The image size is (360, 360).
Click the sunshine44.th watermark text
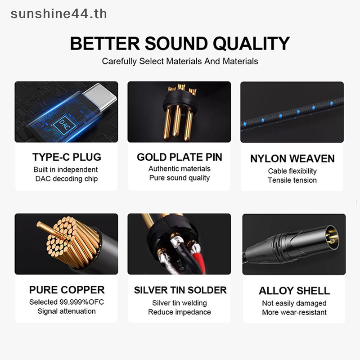pos(59,14)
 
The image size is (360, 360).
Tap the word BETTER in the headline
pos(105,43)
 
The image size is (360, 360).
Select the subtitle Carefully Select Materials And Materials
pos(180,61)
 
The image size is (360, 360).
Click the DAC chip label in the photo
pos(64,125)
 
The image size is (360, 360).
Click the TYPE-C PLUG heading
pos(67,157)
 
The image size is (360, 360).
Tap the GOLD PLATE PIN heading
pos(180,157)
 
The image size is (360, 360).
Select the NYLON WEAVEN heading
pos(292,159)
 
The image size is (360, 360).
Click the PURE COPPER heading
pos(67,290)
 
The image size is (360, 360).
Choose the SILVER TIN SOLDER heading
pos(180,290)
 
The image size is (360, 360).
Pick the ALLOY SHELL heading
pos(294,291)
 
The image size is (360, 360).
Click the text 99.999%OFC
pos(82,302)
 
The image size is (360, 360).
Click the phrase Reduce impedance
pos(180,312)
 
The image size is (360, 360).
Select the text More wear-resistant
pos(294,312)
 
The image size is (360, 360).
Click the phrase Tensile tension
pos(292,180)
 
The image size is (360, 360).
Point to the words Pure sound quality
pos(180,178)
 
